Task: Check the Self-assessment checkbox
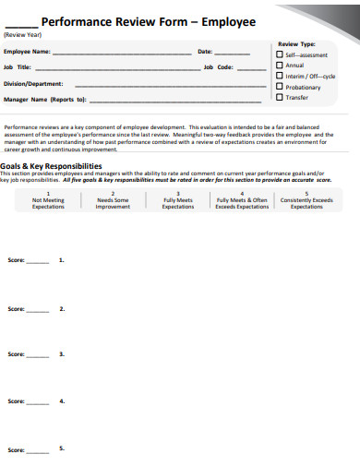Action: (x=280, y=54)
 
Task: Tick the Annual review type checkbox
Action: (x=280, y=65)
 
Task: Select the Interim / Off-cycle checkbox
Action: (x=280, y=76)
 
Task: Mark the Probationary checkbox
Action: (x=280, y=86)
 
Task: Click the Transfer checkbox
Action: (x=280, y=97)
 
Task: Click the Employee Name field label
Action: (x=27, y=52)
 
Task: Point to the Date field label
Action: (x=205, y=52)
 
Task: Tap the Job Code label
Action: (x=219, y=67)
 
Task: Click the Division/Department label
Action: (x=33, y=83)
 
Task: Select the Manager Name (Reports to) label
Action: (x=44, y=99)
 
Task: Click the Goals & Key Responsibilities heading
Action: (x=51, y=165)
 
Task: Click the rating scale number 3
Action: (x=177, y=194)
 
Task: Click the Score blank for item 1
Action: (x=38, y=262)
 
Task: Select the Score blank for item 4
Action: (x=38, y=402)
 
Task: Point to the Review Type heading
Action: (x=296, y=43)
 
